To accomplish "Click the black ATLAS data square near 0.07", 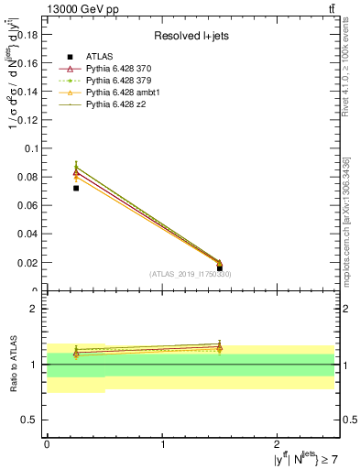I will click(x=76, y=188).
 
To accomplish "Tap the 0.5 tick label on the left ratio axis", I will click(x=29, y=420).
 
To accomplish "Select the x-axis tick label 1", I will click(x=162, y=443).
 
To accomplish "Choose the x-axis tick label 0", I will click(x=47, y=443).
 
